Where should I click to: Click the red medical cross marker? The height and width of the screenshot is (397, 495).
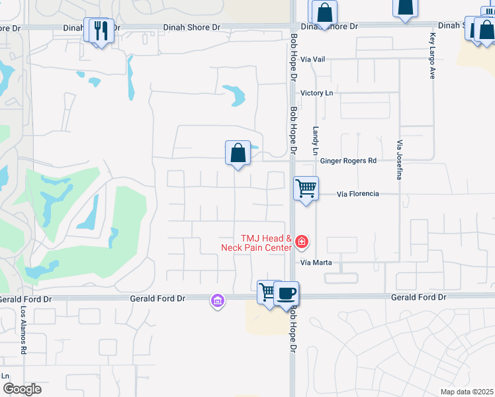[302, 243]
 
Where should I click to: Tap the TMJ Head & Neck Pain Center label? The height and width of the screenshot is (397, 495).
[257, 243]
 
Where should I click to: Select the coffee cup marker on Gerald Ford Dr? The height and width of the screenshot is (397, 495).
[287, 293]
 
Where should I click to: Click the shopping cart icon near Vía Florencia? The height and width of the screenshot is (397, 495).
[306, 188]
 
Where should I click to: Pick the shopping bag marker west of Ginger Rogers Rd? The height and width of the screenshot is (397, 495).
[238, 153]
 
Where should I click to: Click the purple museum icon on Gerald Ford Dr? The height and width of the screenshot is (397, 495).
[217, 301]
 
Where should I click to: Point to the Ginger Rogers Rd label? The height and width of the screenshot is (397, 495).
[348, 161]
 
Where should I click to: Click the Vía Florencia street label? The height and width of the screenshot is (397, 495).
[357, 194]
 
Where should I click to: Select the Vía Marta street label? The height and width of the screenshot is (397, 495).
[315, 263]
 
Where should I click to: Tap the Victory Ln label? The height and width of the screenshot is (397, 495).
[317, 93]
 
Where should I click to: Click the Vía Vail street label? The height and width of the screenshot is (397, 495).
[313, 59]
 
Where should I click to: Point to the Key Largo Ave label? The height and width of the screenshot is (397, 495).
[432, 56]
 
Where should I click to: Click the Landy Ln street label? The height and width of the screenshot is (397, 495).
[316, 138]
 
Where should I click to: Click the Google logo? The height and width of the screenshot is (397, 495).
[22, 389]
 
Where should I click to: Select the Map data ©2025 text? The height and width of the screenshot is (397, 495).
[467, 392]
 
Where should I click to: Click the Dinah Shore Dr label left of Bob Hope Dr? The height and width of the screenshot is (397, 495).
[193, 28]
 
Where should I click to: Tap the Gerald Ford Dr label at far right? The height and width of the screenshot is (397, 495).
[418, 298]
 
